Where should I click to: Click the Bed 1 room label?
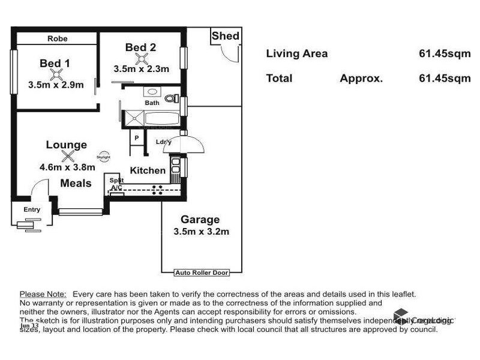click(55, 63)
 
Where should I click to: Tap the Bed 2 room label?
click(141, 47)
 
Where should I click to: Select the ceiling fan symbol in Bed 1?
click(56, 74)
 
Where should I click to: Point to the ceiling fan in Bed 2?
click(142, 58)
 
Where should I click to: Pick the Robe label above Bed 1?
click(58, 38)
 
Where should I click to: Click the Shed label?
click(225, 37)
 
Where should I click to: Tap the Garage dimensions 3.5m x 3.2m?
click(201, 232)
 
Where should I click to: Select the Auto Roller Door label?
click(201, 272)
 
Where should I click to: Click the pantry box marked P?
click(136, 138)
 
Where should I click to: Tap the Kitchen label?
click(148, 170)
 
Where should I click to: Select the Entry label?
click(32, 209)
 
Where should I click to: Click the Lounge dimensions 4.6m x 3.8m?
click(67, 167)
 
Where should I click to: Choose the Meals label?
click(76, 183)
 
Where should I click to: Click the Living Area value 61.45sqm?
click(444, 53)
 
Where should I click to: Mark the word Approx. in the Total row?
click(361, 78)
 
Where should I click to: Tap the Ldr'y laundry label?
click(163, 142)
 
